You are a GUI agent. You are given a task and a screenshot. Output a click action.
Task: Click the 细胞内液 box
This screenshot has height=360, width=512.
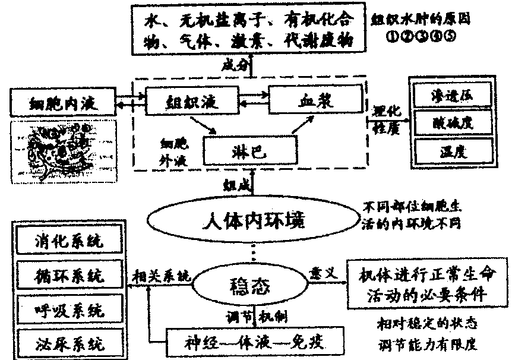click(x=62, y=102)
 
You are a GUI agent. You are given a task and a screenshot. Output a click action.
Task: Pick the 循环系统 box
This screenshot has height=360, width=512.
click(x=68, y=276)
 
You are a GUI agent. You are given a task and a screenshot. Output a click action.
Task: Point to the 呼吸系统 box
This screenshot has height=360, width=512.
click(x=68, y=310)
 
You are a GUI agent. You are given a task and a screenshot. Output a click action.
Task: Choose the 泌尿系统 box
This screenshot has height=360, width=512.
click(x=68, y=343)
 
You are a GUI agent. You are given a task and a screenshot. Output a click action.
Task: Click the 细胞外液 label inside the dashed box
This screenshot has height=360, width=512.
click(x=169, y=153)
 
